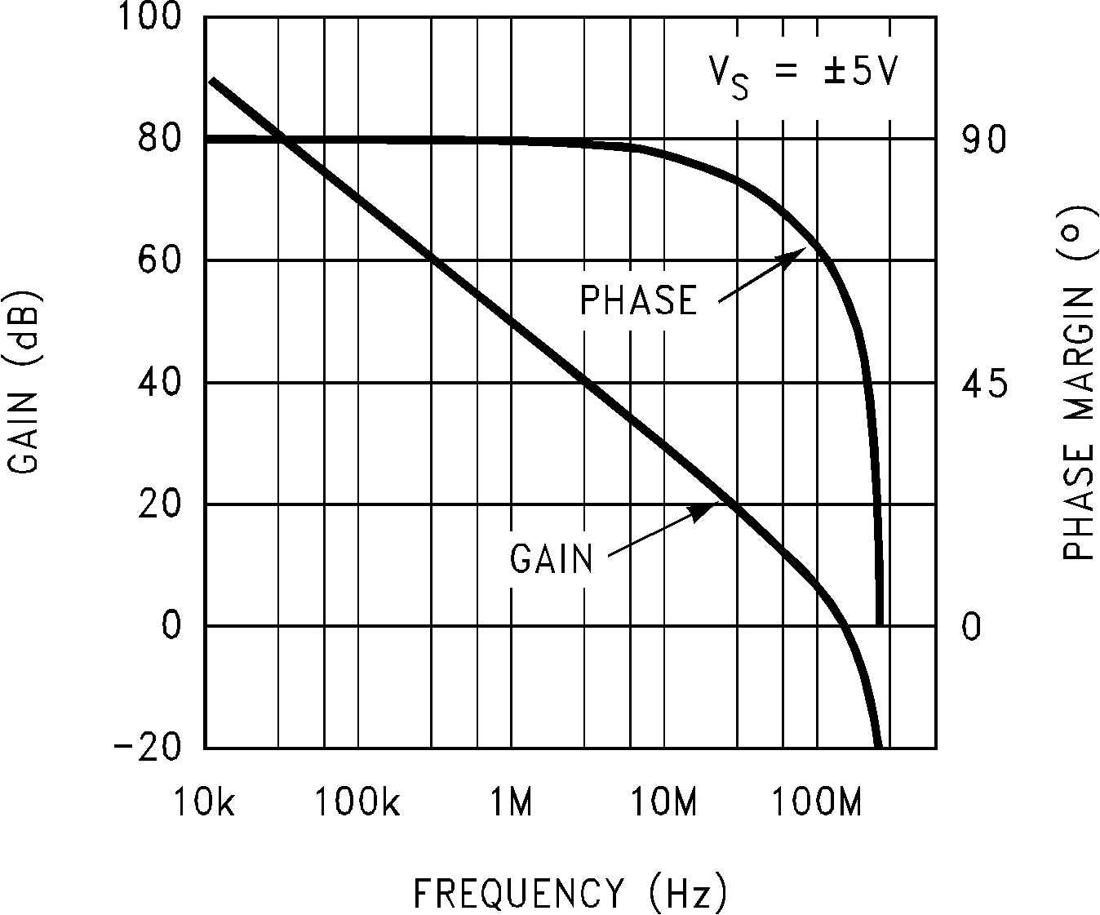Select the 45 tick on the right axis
[984, 384]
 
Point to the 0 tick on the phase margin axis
[971, 627]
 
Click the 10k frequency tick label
[205, 803]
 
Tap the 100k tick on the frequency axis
[357, 803]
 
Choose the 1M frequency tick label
[511, 803]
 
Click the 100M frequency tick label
[816, 803]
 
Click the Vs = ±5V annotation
[802, 76]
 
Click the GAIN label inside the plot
[552, 559]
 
